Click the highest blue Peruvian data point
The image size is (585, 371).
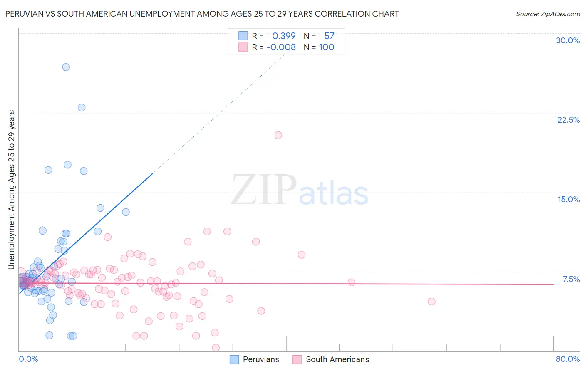click(66, 67)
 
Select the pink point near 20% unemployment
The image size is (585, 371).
click(278, 135)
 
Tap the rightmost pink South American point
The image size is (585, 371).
click(431, 302)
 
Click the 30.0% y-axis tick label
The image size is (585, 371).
click(568, 40)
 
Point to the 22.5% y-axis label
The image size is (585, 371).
click(568, 120)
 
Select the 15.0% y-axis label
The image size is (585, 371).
click(568, 199)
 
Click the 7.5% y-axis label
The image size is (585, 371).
click(571, 279)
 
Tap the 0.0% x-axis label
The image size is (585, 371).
click(28, 359)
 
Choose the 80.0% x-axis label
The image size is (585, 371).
click(568, 359)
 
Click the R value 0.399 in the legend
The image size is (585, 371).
click(284, 36)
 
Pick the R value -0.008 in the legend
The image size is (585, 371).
click(281, 47)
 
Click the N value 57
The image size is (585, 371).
click(329, 36)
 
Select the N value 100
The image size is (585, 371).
click(327, 47)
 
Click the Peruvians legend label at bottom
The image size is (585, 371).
click(261, 359)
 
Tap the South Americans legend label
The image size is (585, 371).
click(337, 359)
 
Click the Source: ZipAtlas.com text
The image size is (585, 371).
click(548, 14)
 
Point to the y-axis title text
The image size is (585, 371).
click(12, 190)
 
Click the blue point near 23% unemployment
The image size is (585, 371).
click(82, 108)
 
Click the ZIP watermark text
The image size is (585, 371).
click(263, 190)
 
